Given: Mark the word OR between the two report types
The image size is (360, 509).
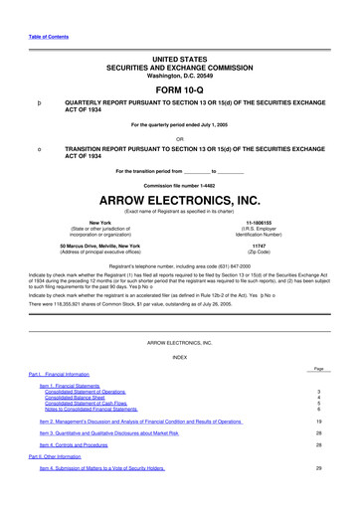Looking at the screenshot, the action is click(179, 136).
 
